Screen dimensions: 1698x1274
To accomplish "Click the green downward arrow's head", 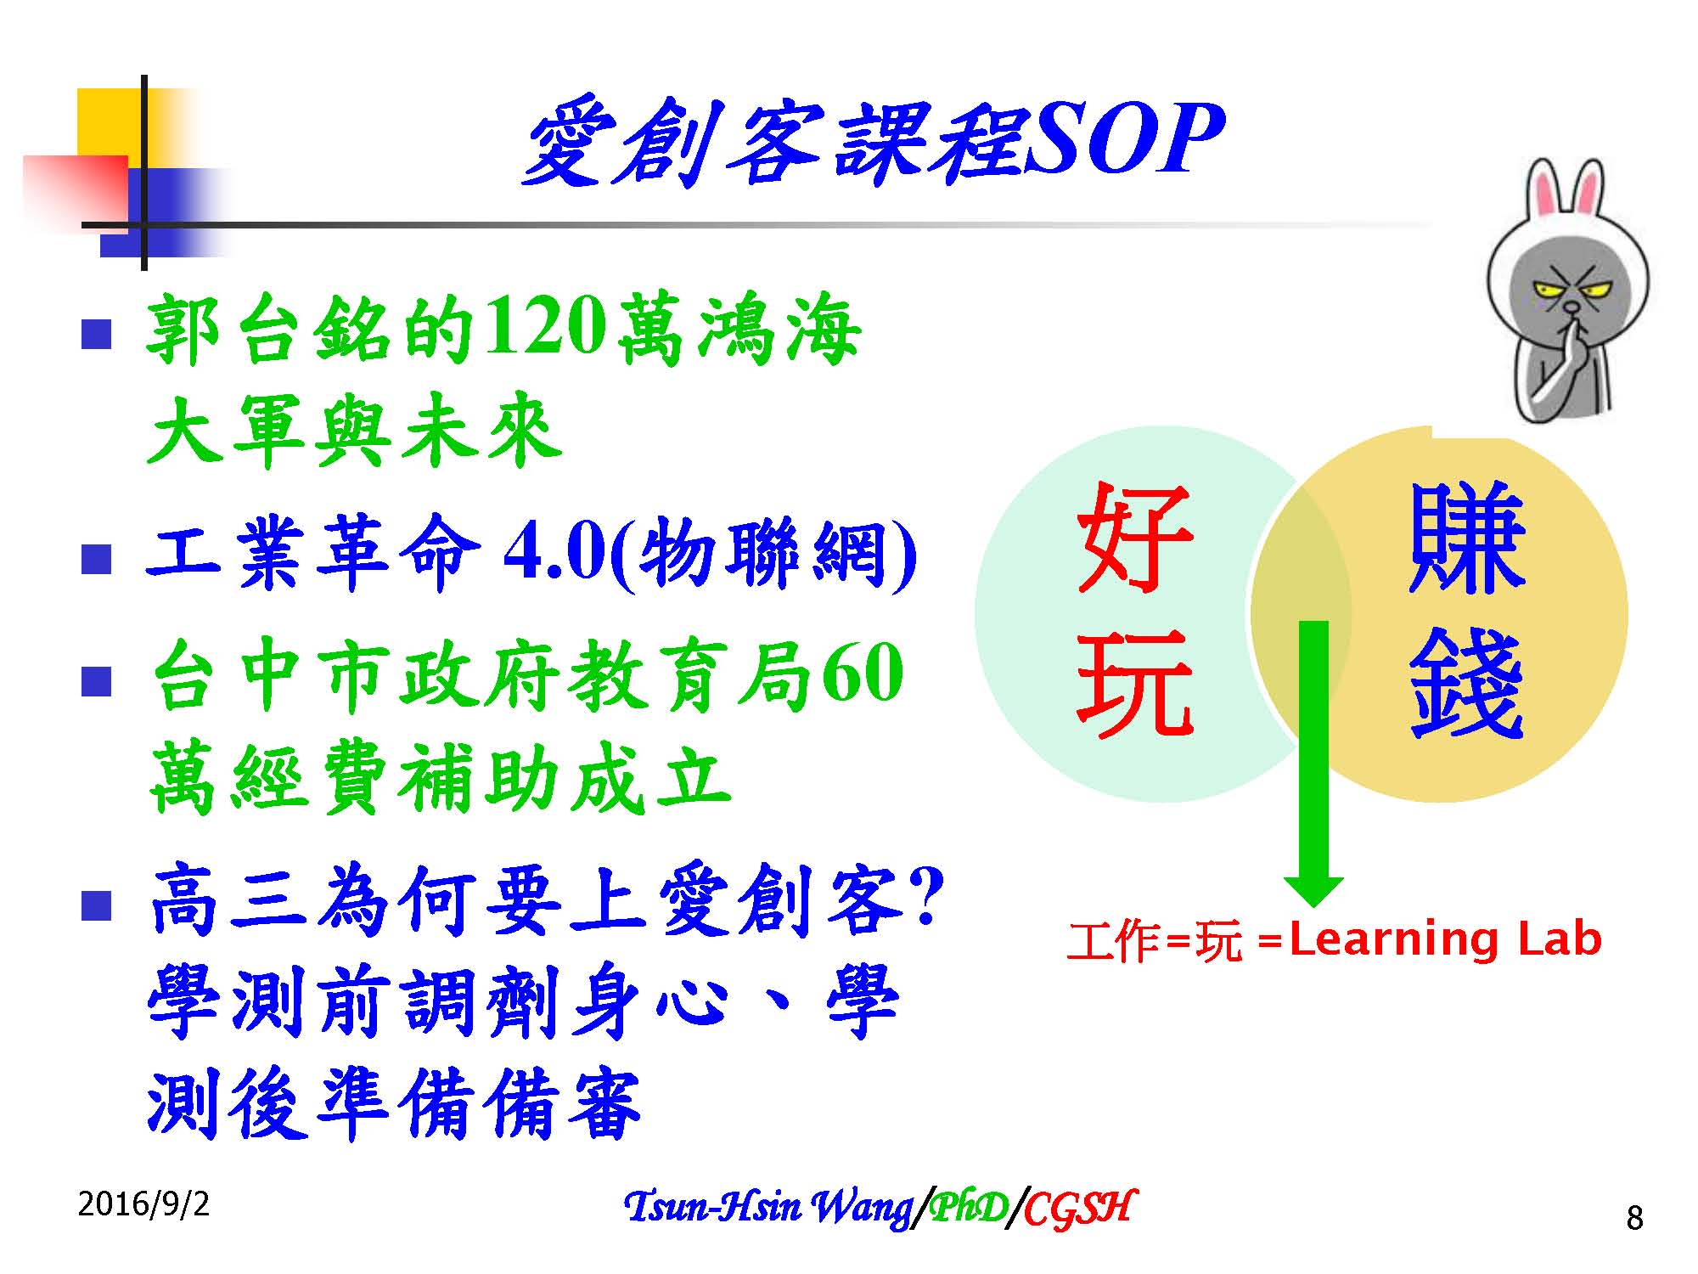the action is click(1313, 891).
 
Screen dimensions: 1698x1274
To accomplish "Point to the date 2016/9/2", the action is click(143, 1204).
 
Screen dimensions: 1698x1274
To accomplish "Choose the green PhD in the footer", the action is click(968, 1207).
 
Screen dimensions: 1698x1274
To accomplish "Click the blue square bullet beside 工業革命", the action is click(97, 560).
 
